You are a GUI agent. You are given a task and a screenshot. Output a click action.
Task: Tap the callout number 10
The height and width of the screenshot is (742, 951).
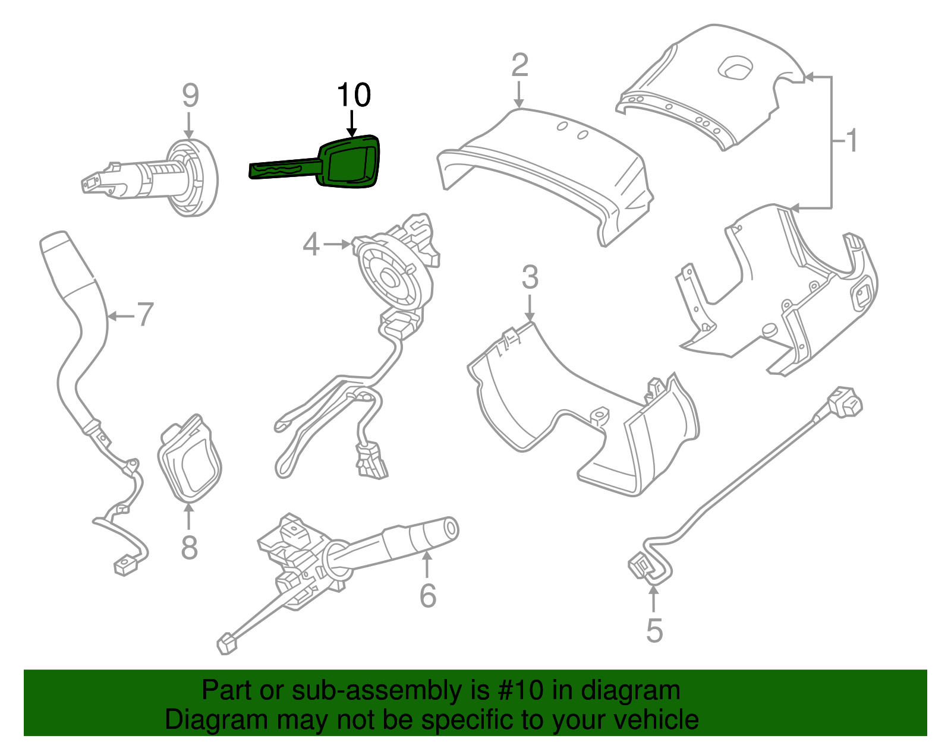[x=354, y=95]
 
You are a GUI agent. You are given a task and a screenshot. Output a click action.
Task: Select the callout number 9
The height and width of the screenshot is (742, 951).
[x=190, y=95]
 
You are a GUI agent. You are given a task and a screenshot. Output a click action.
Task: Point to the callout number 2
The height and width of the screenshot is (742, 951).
[x=519, y=65]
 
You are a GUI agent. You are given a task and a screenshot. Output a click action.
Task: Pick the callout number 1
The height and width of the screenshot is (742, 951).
[x=852, y=141]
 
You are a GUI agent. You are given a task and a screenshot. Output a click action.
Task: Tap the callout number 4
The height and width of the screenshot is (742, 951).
[x=311, y=244]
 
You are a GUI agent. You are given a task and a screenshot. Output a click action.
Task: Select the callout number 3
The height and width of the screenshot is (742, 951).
[x=530, y=277]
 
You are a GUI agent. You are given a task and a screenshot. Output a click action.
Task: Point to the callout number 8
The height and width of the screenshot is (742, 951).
[x=189, y=547]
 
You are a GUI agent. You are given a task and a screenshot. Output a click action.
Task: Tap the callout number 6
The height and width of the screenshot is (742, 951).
[x=427, y=595]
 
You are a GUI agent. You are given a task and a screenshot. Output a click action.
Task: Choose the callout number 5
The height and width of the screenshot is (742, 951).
[x=654, y=630]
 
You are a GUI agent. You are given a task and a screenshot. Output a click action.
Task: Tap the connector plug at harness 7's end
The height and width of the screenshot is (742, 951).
[x=125, y=565]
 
